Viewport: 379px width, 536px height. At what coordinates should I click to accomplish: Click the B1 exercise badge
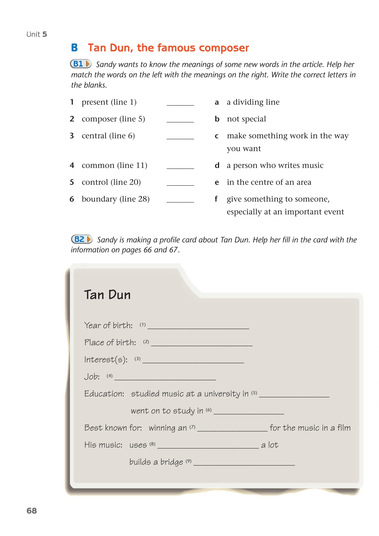coord(81,64)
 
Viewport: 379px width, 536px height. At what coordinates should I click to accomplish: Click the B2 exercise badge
coord(82,239)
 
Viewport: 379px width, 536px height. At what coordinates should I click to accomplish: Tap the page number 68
coord(32,511)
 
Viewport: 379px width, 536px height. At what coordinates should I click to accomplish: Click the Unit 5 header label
coord(37,34)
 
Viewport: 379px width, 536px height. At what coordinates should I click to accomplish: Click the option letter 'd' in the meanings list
coord(217,165)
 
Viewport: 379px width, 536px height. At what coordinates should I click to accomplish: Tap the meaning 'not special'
coord(246,119)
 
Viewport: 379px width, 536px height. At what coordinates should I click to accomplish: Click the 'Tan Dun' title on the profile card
coord(107,295)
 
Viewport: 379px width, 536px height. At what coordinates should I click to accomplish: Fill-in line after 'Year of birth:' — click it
coord(198,326)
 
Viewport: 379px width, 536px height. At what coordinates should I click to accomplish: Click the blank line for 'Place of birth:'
coord(202,343)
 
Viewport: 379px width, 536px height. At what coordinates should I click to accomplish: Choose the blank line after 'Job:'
coord(165,378)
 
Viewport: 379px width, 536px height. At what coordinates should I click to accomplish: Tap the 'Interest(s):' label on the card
coord(106,360)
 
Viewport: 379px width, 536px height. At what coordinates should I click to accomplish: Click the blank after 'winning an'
coord(232,429)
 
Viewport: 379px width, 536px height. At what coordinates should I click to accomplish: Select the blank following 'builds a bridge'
coord(244,463)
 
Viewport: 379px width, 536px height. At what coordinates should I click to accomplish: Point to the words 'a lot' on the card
coord(270,445)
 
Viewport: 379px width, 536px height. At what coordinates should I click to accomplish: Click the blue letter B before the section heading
coord(75,48)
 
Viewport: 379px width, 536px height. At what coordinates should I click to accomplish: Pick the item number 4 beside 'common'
coord(72,165)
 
